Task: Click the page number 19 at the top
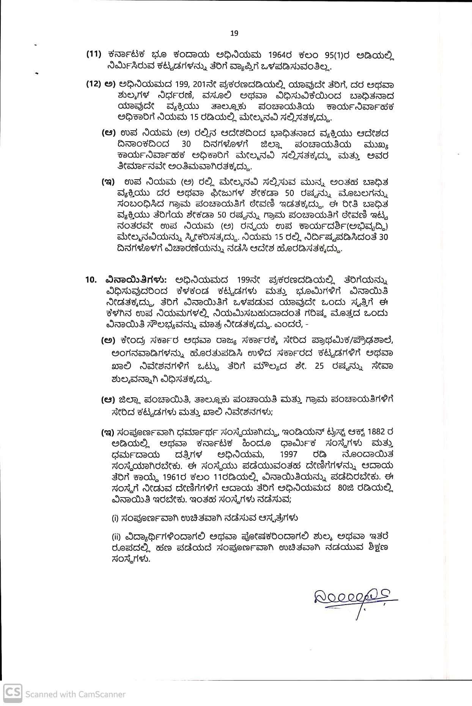(234, 33)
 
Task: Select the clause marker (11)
(93, 54)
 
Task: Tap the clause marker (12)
(93, 84)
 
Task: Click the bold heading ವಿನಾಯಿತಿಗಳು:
(136, 280)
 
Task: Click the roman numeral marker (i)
(114, 518)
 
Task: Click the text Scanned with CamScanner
(75, 694)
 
